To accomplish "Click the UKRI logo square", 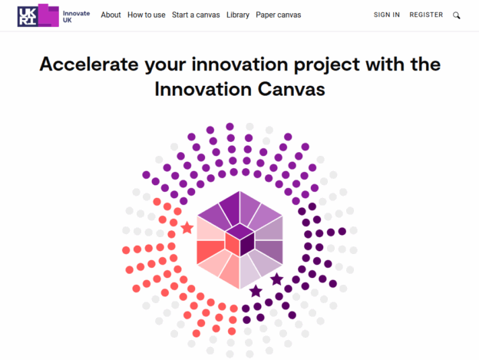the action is [x=28, y=16].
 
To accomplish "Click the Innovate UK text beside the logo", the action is [x=76, y=16].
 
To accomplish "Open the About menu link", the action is [x=111, y=15].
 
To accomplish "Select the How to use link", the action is [x=147, y=15].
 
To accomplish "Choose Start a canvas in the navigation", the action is [x=196, y=15].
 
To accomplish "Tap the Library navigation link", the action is [x=238, y=15].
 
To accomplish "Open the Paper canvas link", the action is [x=279, y=15].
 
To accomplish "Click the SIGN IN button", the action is [x=386, y=15].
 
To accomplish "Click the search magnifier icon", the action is [x=457, y=15].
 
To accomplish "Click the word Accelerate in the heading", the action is [x=89, y=64].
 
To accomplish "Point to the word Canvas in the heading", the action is [x=291, y=90].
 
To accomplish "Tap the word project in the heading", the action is [x=326, y=65].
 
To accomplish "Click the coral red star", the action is [x=187, y=228].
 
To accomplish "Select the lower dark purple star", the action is [x=256, y=291].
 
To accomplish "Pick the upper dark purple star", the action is [x=277, y=279].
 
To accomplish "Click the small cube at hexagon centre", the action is [x=240, y=240].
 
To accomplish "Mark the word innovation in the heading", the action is [x=240, y=64].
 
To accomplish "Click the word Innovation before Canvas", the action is [x=203, y=90].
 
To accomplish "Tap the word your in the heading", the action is [x=165, y=66].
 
